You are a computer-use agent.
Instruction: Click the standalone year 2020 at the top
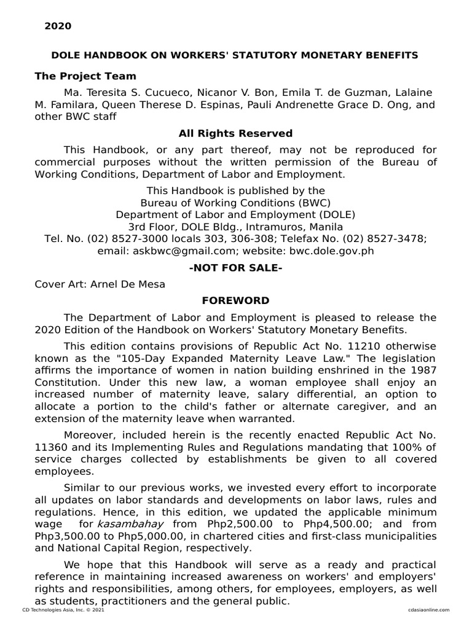[58, 26]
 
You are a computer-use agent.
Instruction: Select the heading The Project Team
[85, 76]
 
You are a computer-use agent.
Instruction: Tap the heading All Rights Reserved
[235, 133]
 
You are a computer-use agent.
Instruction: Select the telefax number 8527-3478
[403, 238]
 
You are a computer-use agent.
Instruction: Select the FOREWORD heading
[235, 300]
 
